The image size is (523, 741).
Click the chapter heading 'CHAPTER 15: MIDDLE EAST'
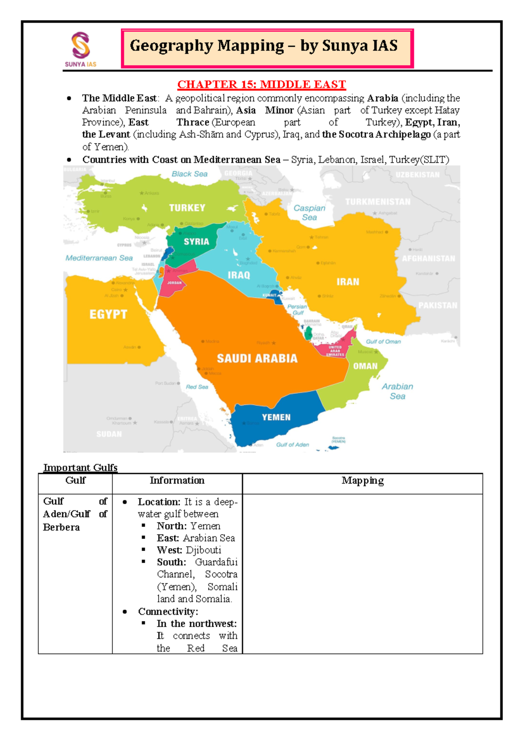coord(261,84)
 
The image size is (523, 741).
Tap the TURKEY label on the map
coord(187,208)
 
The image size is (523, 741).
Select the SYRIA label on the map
coord(196,241)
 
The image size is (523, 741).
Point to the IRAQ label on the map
coord(239,275)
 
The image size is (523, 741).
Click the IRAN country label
coord(348,282)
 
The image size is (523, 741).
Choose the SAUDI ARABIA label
coord(257,359)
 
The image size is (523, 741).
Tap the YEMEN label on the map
coord(276,417)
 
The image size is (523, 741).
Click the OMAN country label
coord(365,366)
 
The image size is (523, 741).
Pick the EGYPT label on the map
coord(108,314)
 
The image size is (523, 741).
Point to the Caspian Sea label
coord(309,213)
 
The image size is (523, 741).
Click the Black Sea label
coord(190,174)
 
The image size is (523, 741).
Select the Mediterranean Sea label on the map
coord(99,258)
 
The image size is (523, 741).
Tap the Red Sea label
coord(197,387)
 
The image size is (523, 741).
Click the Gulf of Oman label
coord(383,341)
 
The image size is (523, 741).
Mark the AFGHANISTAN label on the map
coord(428,258)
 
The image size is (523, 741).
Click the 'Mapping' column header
coord(363,480)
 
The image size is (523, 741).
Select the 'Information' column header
coord(177,480)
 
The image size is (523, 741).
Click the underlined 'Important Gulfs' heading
coord(81,468)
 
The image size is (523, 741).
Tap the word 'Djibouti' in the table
coord(204,550)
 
